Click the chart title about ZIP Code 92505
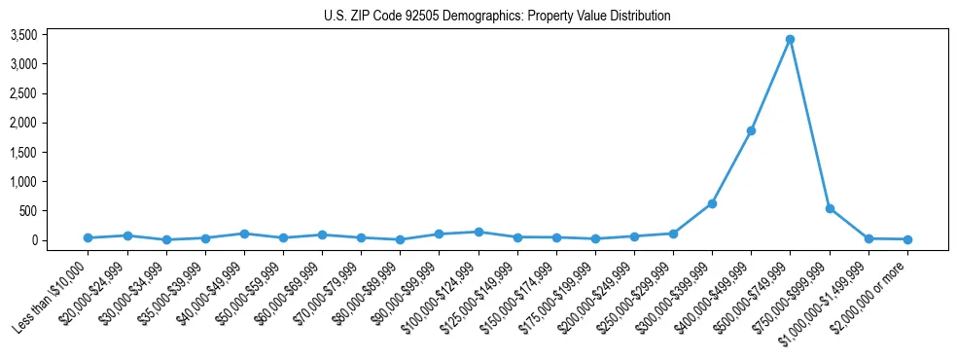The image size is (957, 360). tap(497, 16)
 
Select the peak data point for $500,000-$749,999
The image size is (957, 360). tap(790, 39)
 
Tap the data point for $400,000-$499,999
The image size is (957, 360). tap(751, 130)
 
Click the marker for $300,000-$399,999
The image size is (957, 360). tap(712, 203)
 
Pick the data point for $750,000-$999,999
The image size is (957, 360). tap(830, 208)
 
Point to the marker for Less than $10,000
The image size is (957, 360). tap(88, 237)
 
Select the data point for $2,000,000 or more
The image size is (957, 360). tap(907, 239)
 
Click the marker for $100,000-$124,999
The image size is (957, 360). tap(478, 232)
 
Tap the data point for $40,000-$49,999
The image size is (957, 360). tap(244, 234)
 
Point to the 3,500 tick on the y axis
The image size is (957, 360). tap(50, 35)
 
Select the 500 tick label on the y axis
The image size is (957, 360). tap(54, 211)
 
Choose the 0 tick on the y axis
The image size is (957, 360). tap(60, 240)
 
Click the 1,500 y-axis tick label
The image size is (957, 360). tap(50, 153)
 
